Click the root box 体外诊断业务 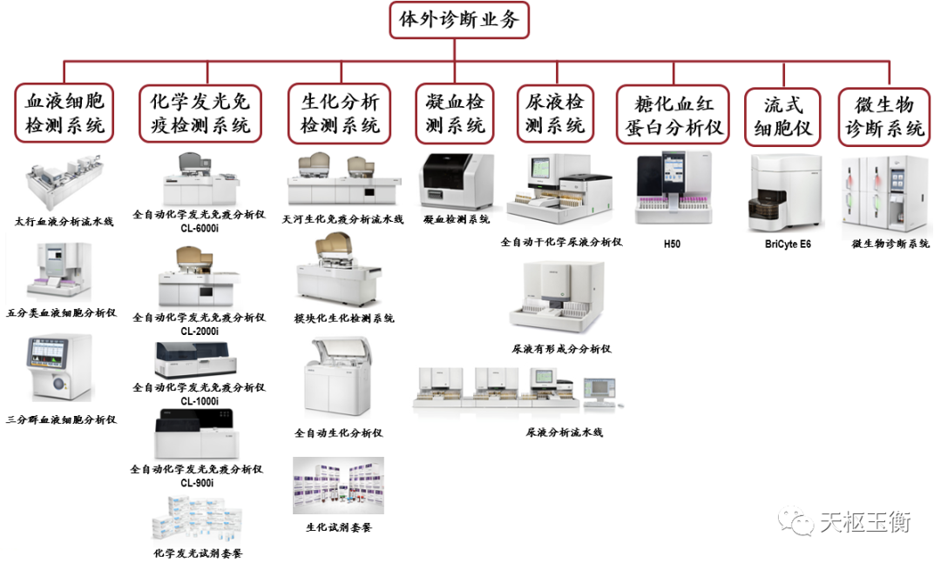coord(459,20)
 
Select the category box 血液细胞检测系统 coord(65,114)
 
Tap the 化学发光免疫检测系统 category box coord(200,114)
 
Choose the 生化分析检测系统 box coord(340,114)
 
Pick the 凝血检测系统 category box coord(455,114)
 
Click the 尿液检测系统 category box coord(555,114)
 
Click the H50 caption coord(672,245)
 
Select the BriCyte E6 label coord(782,245)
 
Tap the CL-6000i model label coord(200,227)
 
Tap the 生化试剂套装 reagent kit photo coord(338,486)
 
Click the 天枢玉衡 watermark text coord(863,522)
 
